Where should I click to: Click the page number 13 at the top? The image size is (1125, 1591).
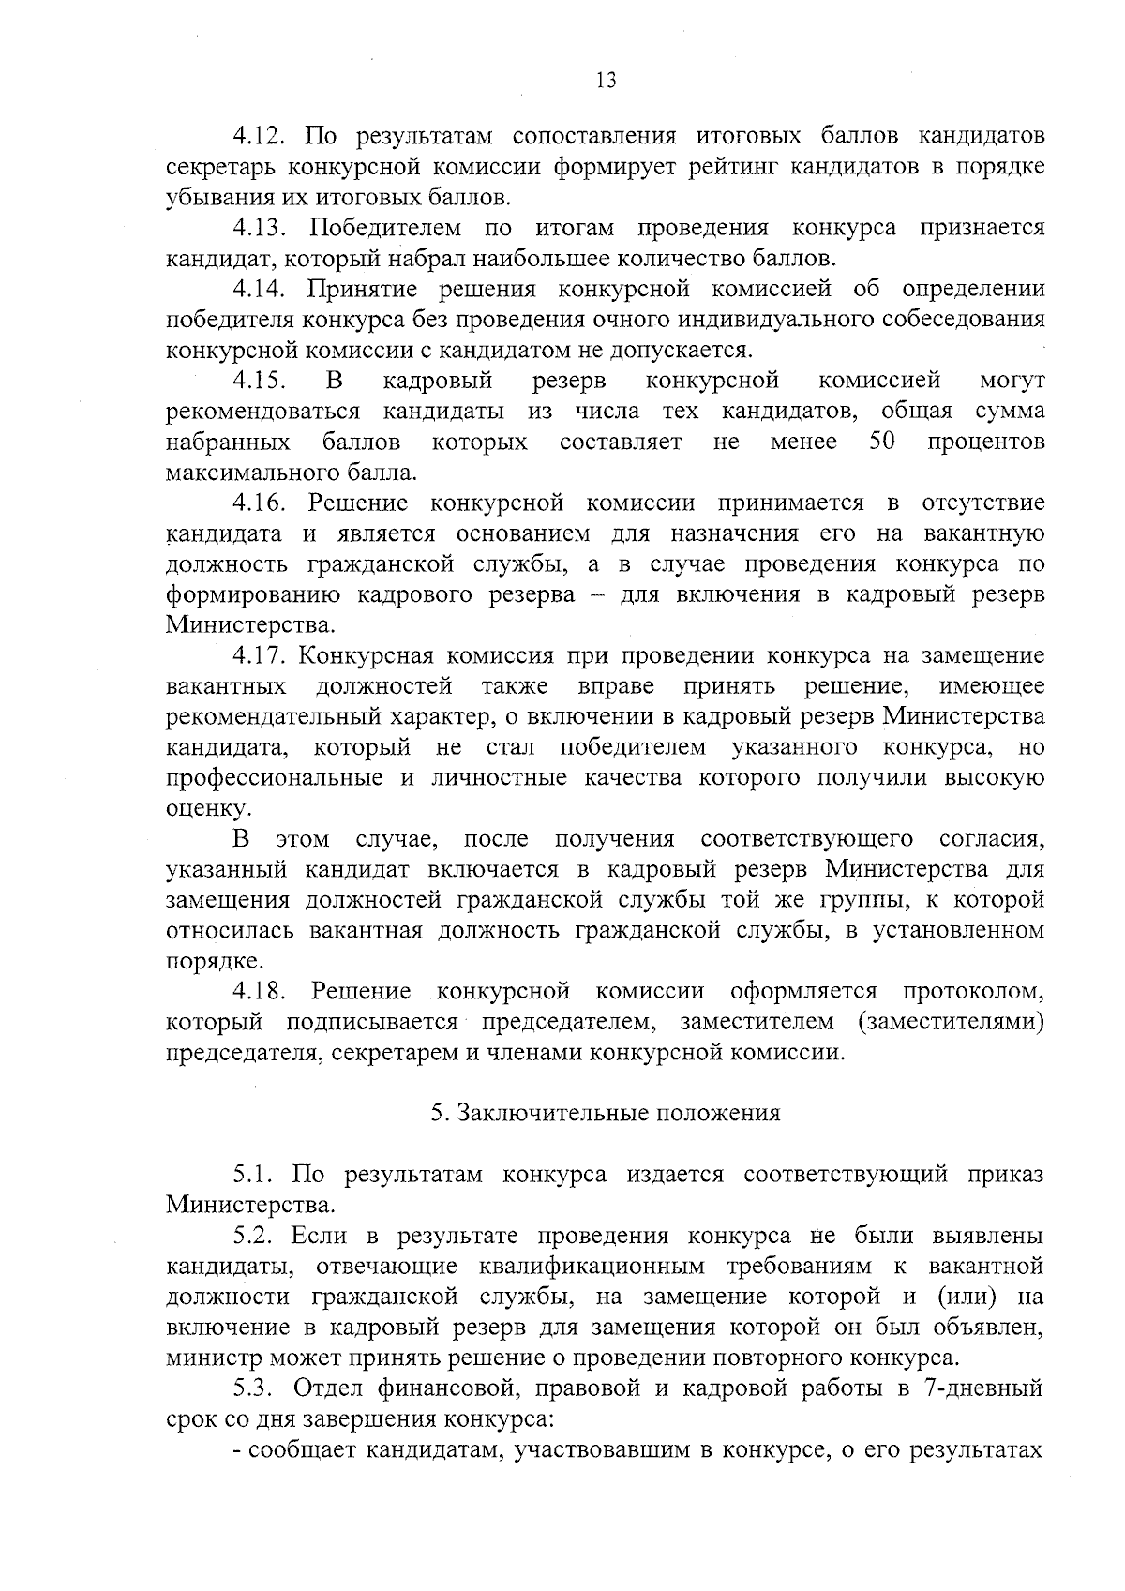pos(606,81)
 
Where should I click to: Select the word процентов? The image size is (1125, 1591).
pos(986,443)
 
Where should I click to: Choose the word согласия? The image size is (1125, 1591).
pos(992,839)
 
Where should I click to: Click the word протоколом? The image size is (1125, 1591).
pos(974,993)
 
